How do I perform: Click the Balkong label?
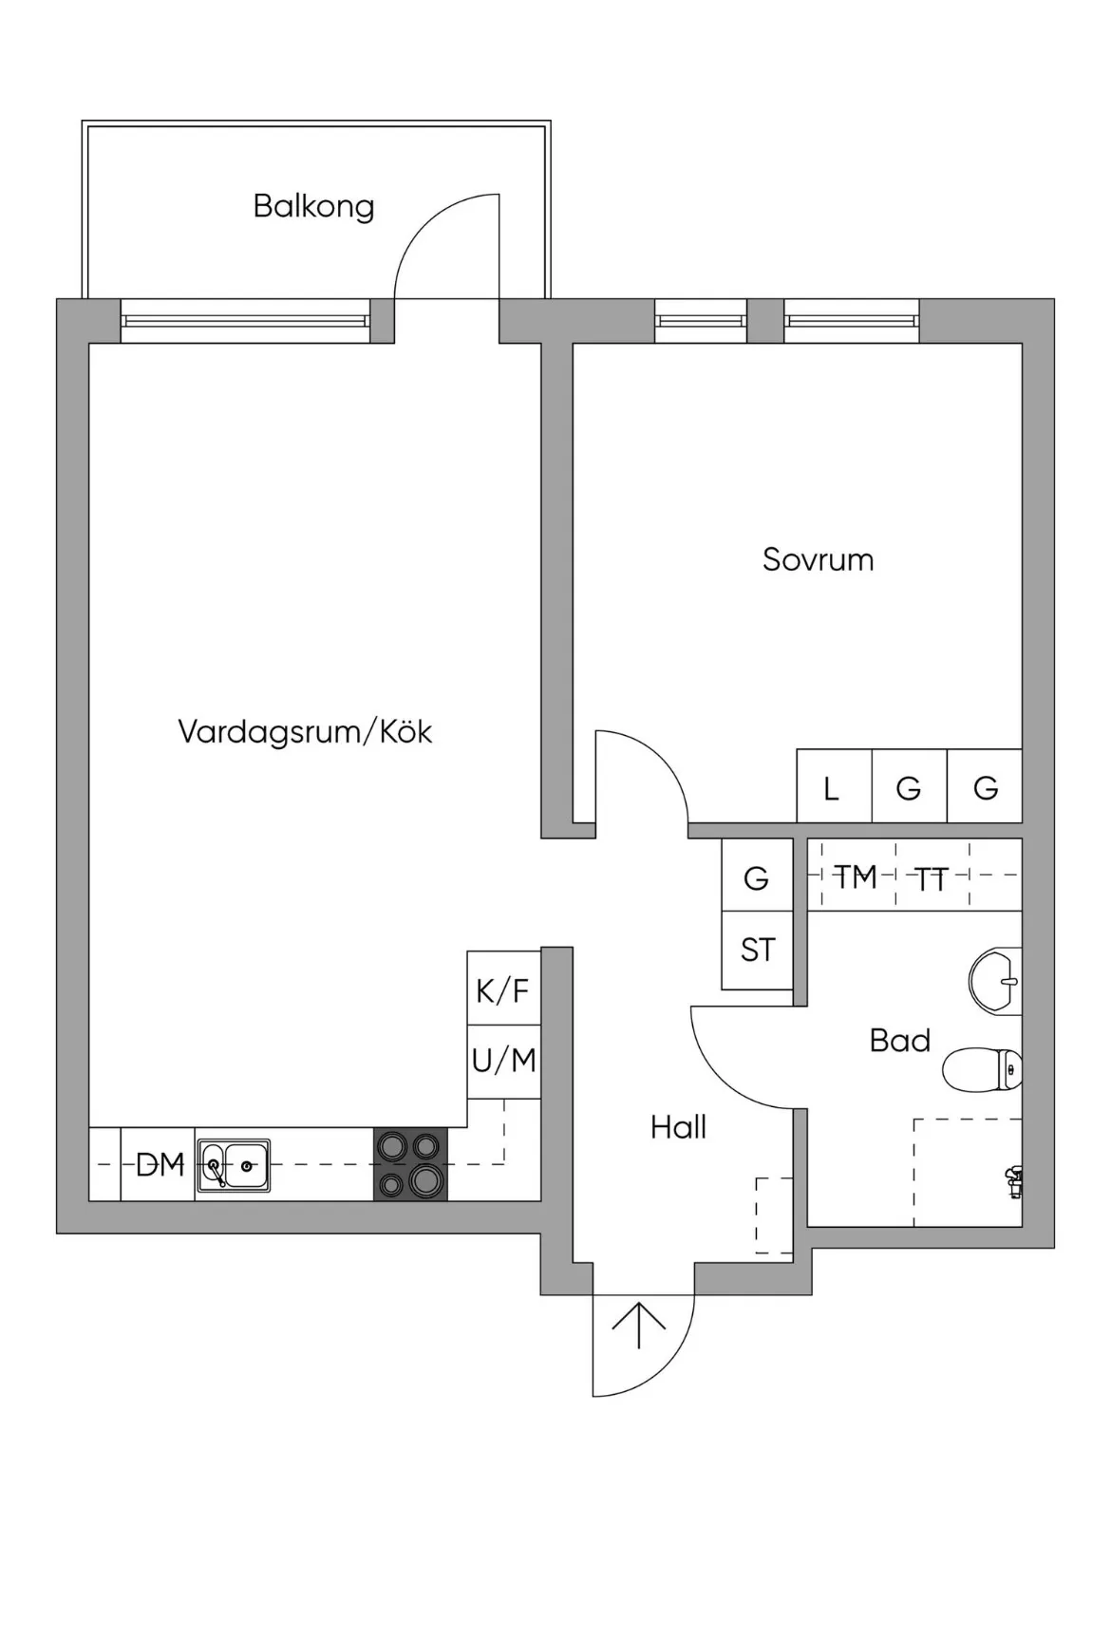(313, 206)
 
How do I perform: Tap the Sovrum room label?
(818, 559)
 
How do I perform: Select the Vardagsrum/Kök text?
(305, 731)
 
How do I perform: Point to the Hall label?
(678, 1127)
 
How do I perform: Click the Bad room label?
(899, 1041)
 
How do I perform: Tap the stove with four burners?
(410, 1164)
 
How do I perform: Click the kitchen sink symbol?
(234, 1165)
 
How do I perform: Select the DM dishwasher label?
(159, 1164)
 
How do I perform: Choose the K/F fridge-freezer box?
(503, 988)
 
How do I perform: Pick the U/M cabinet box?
(503, 1062)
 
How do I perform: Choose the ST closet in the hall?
(757, 951)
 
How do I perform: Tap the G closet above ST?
(757, 877)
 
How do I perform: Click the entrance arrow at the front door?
(638, 1326)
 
